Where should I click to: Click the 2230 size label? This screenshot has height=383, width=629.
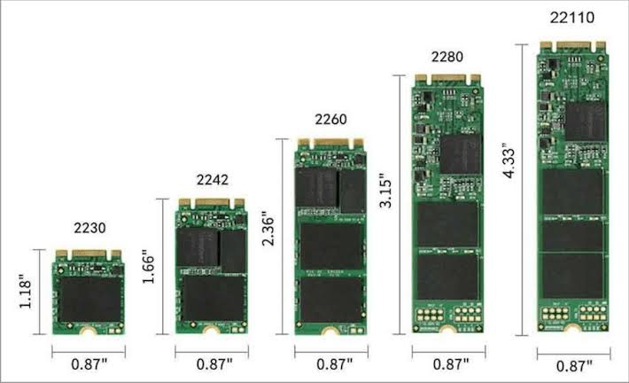tap(89, 228)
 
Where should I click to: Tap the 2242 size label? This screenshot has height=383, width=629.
tap(212, 180)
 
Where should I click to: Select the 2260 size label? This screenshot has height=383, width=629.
tap(330, 119)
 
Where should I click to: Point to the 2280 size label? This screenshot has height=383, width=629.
tap(447, 57)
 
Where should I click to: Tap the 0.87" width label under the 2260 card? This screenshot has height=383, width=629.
tap(330, 364)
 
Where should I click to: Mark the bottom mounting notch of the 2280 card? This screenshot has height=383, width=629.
tap(447, 333)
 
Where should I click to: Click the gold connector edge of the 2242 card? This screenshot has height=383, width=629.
tap(212, 204)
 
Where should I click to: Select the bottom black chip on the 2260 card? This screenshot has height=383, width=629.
tap(330, 301)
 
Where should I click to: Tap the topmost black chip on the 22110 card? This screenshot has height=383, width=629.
tap(585, 120)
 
